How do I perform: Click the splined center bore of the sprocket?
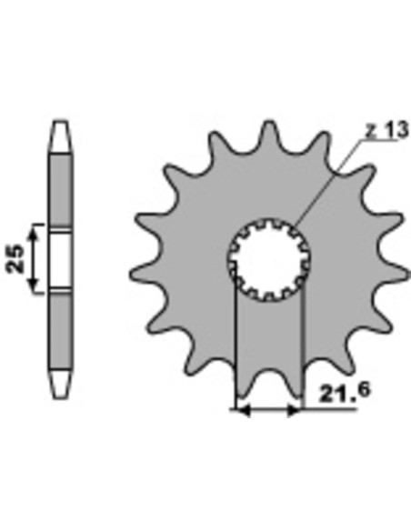[x=269, y=258]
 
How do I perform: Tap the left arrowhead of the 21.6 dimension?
[x=240, y=411]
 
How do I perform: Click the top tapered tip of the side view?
[x=59, y=133]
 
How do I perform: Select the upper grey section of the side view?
[x=59, y=186]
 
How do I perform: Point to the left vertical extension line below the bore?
[x=236, y=355]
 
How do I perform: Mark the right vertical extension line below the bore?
[x=301, y=355]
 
